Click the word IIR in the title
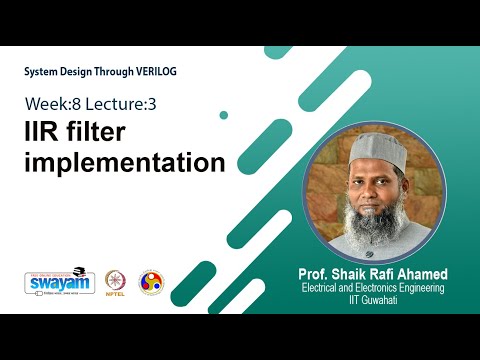(x=46, y=131)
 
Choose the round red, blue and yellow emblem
(x=150, y=281)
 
